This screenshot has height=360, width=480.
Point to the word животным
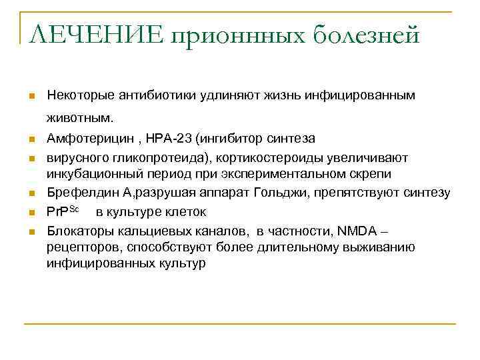[80, 119]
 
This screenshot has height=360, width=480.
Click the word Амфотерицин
[84, 139]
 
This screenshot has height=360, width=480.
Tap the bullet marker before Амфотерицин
[31, 140]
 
